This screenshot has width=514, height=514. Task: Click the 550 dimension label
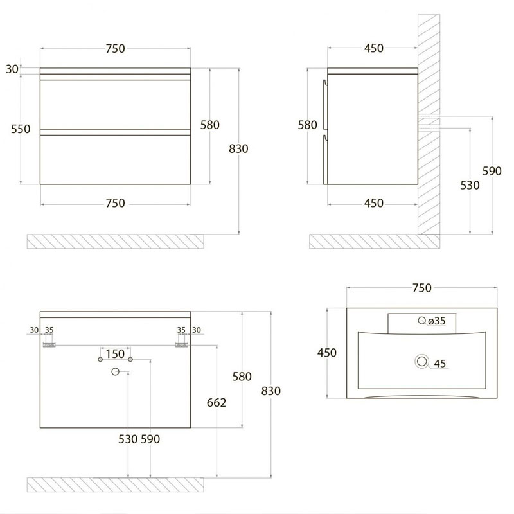click(x=21, y=129)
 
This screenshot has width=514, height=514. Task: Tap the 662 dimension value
click(x=217, y=403)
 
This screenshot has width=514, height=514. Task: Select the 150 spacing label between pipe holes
click(x=115, y=354)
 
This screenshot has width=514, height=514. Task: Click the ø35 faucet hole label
click(x=437, y=321)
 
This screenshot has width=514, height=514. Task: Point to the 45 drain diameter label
click(x=439, y=364)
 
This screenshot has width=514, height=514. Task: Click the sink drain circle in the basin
click(x=422, y=361)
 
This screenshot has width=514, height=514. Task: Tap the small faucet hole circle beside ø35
click(x=422, y=320)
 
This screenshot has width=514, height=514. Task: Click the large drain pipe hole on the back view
click(x=115, y=371)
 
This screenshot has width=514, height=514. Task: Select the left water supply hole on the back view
click(x=100, y=359)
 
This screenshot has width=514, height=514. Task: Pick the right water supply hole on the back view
click(x=130, y=359)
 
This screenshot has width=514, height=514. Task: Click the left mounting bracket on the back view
click(x=49, y=344)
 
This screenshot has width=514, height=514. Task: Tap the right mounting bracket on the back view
click(x=182, y=344)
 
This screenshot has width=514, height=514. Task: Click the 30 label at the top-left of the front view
click(x=12, y=69)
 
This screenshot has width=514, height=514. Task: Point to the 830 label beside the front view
click(x=238, y=149)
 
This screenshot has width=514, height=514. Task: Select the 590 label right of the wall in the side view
click(x=492, y=171)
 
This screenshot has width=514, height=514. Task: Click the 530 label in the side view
click(x=470, y=185)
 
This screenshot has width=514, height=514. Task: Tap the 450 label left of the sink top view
click(x=327, y=353)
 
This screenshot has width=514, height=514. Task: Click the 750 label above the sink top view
click(x=422, y=288)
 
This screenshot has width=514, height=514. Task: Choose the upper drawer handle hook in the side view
click(x=324, y=84)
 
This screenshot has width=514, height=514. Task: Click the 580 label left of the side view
click(x=307, y=125)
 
